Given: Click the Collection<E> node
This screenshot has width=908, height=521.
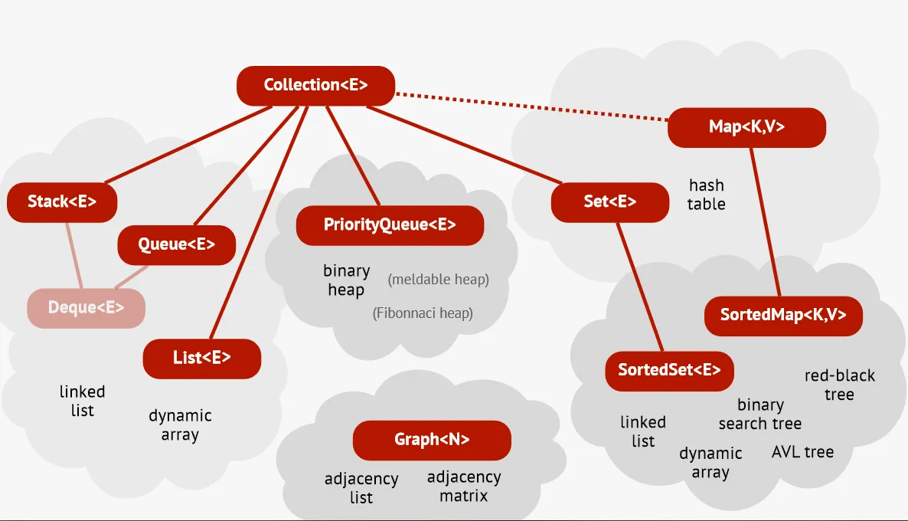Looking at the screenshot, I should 315,85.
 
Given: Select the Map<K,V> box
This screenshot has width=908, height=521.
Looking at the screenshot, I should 746,127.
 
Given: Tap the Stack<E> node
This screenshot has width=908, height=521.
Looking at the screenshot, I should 62,202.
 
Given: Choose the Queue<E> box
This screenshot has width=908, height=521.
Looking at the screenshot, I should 176,245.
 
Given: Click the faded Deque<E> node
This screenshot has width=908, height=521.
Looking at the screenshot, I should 86,308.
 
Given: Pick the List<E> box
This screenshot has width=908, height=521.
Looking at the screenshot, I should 202,358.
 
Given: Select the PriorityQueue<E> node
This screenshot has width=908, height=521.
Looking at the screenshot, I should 390,225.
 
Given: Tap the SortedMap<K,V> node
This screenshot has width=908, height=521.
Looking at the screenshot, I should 783,315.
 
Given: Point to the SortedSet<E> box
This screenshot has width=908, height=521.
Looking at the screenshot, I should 669,370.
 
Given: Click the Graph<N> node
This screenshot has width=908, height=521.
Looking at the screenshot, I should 432,440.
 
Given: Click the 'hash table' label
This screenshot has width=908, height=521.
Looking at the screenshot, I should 706,195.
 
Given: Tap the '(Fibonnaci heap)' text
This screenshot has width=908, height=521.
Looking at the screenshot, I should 423,313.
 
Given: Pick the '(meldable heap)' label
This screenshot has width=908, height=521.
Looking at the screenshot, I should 438,280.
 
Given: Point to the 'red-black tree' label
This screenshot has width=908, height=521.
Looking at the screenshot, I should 839,385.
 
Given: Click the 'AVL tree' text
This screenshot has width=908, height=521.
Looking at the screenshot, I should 802,452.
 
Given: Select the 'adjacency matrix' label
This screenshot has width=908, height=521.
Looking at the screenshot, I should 464,487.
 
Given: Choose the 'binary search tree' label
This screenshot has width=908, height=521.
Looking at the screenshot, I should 760,414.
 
